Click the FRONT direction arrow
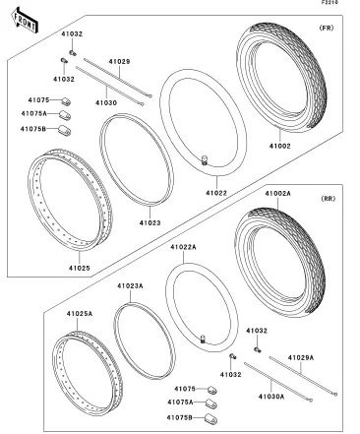tap(25, 21)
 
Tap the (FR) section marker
tap(327, 28)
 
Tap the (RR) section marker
tap(328, 199)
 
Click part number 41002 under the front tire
tap(280, 146)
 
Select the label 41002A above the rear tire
tap(278, 194)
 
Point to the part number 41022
tap(216, 193)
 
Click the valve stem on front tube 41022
tap(205, 160)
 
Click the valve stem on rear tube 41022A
tap(203, 339)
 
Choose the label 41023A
tap(130, 286)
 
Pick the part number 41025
tap(80, 268)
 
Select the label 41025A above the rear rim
tap(80, 314)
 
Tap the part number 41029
tap(119, 61)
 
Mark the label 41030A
tap(271, 397)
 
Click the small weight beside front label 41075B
tap(64, 130)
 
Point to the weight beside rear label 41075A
tap(211, 403)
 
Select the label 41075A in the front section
tap(34, 113)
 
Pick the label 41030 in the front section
tap(106, 102)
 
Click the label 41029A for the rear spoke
tap(301, 357)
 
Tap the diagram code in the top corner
tap(330, 2)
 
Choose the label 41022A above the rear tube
tap(183, 247)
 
